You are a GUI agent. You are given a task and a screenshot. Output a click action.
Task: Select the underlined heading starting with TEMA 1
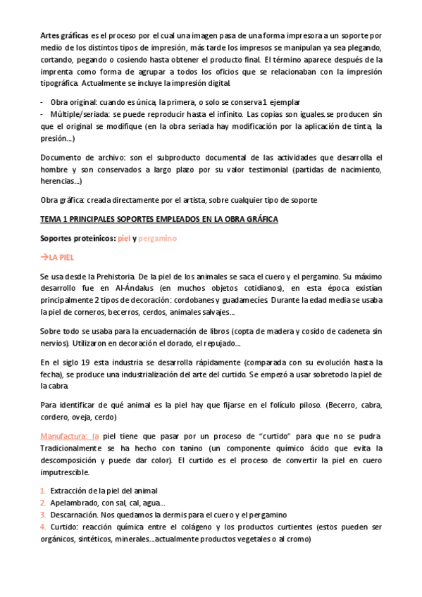tap(159, 220)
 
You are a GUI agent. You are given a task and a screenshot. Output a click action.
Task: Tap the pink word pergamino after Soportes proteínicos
tap(157, 239)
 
